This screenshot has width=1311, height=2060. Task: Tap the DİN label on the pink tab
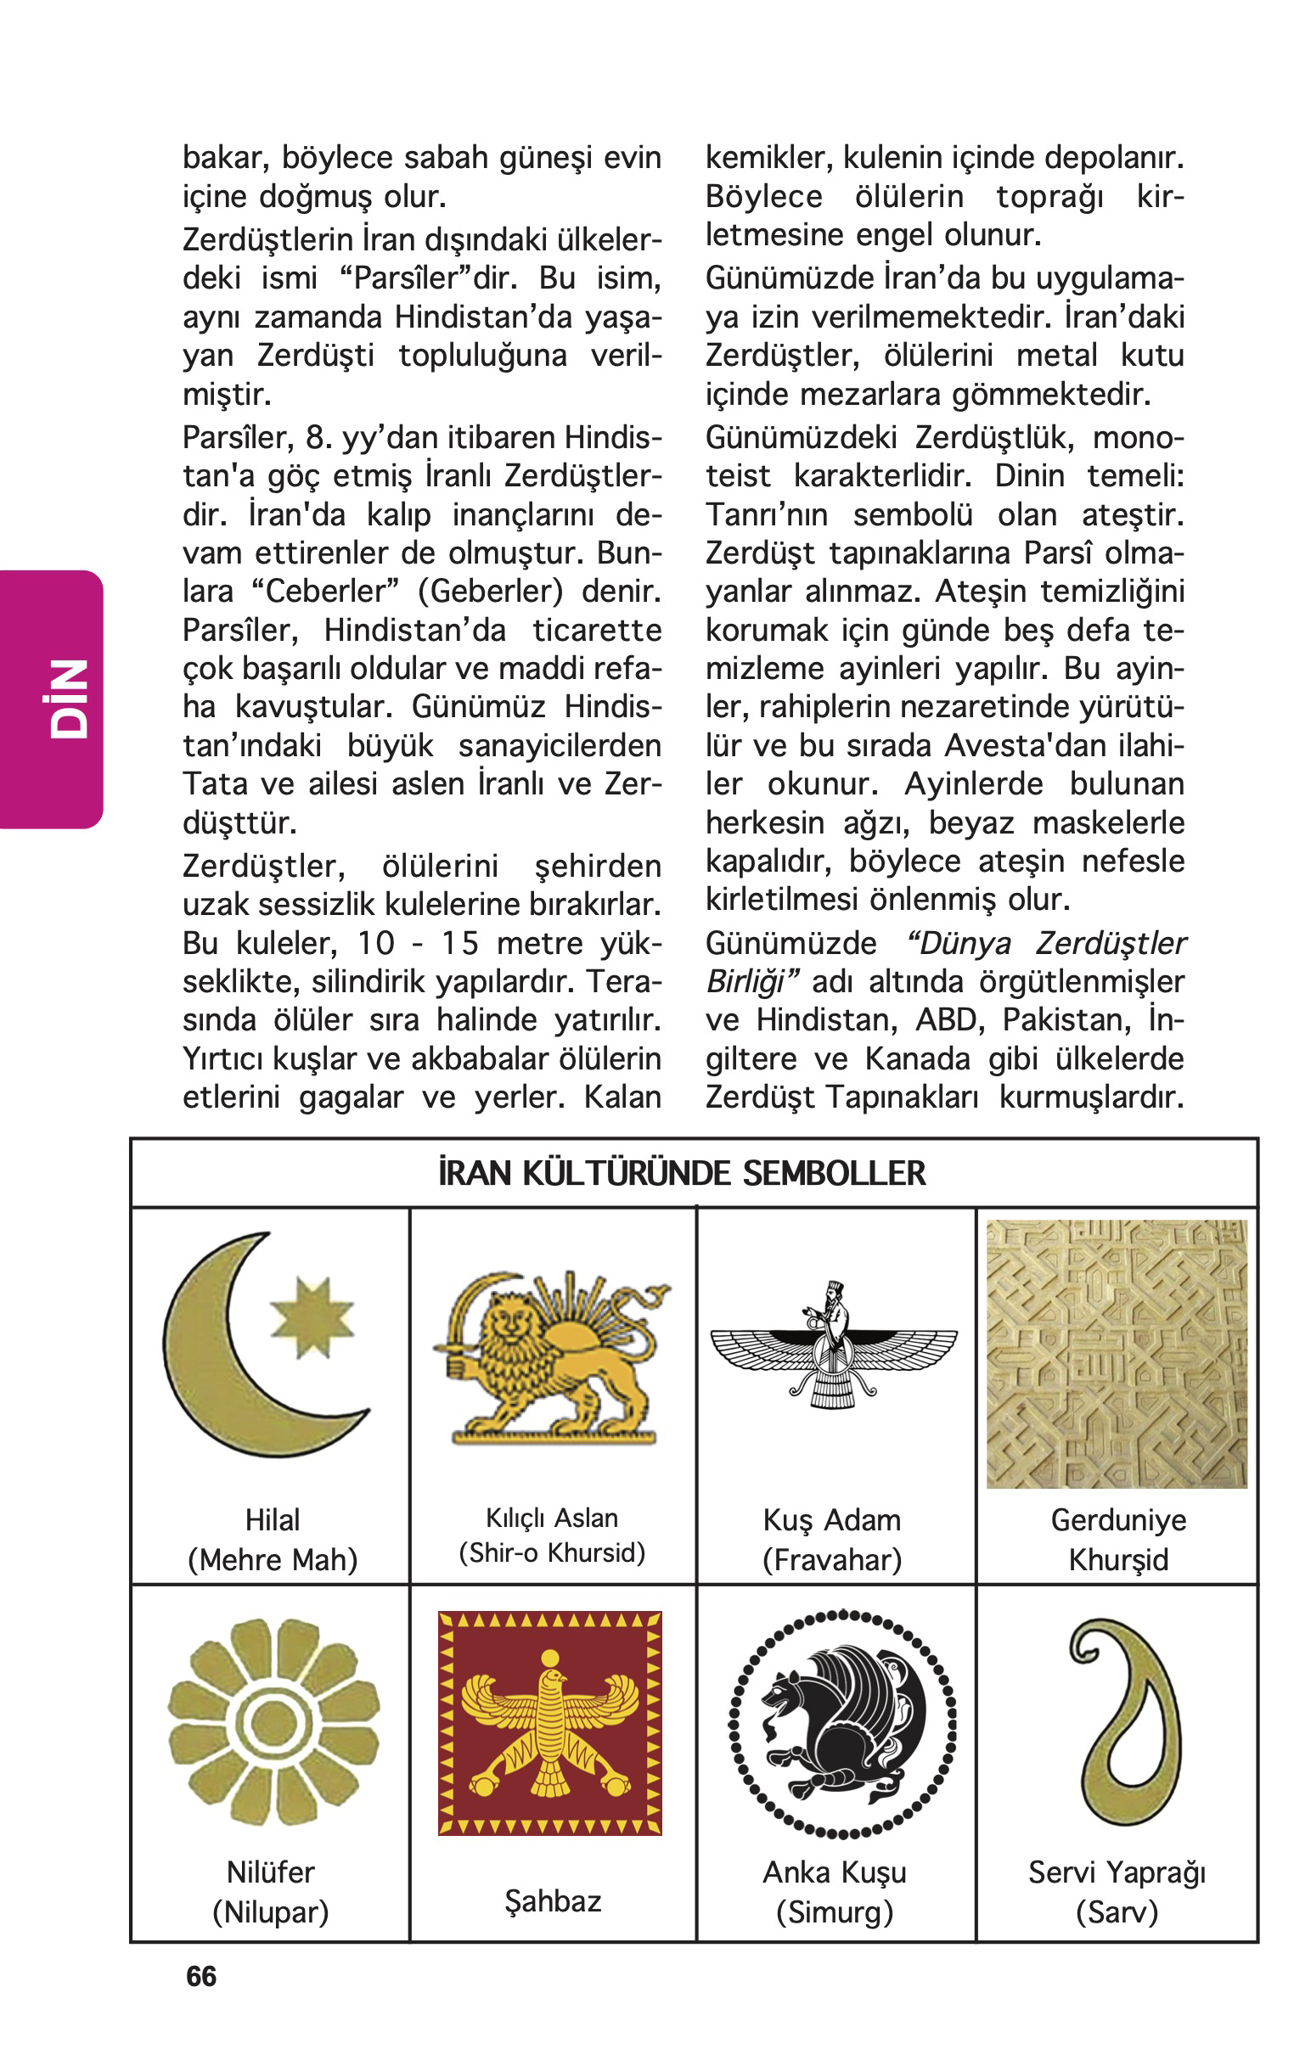69,698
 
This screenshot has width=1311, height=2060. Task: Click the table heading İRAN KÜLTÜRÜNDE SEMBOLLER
681,1174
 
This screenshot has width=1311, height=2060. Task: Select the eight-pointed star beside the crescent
312,1317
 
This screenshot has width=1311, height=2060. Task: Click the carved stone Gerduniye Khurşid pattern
1117,1354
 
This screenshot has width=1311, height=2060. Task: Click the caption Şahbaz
553,1901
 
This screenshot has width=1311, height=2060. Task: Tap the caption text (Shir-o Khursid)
552,1552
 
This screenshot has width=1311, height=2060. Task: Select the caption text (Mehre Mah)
272,1559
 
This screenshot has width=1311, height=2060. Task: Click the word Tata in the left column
209,784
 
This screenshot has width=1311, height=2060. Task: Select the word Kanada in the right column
917,1059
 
